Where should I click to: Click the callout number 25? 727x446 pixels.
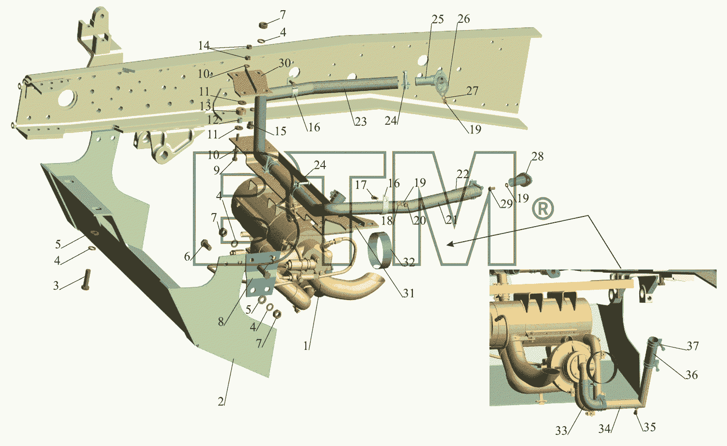point(437,19)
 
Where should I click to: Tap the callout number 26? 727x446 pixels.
point(463,19)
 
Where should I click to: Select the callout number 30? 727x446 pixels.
point(284,63)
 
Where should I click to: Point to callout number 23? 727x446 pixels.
point(360,122)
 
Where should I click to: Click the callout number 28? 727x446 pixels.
point(537,156)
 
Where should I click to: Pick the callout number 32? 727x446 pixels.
point(409,262)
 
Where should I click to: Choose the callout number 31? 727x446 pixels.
point(409,293)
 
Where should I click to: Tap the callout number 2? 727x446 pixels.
point(221,401)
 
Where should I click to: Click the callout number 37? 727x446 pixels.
point(693,346)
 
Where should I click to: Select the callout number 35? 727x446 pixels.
point(649,427)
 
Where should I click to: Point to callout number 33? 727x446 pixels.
point(561,431)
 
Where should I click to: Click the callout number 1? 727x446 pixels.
point(306,347)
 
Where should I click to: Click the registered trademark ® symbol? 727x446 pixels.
point(543,208)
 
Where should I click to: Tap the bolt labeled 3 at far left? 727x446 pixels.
point(86,279)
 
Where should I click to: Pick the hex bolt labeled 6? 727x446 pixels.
point(206,245)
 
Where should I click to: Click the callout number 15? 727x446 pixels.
point(281,131)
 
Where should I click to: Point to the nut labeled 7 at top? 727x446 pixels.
point(263,25)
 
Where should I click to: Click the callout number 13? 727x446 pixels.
point(205,106)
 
